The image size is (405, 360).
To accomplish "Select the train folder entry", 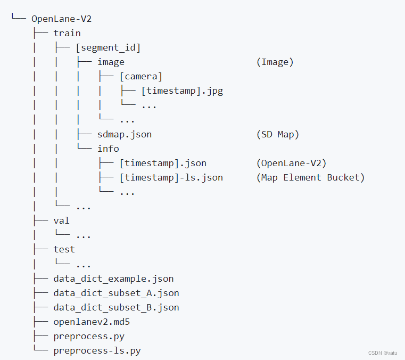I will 67,33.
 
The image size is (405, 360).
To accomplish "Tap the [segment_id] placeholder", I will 108,47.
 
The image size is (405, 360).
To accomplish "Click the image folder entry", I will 111,62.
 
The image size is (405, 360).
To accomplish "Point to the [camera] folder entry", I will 141,76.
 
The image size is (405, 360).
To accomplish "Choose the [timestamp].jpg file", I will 182,91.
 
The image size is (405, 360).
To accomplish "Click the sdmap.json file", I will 125,134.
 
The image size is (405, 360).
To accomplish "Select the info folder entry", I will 108,149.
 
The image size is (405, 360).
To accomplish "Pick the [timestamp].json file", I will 163,163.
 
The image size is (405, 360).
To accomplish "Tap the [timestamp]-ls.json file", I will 171,177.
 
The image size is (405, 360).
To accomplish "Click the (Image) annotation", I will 275,62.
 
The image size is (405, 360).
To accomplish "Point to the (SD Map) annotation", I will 277,134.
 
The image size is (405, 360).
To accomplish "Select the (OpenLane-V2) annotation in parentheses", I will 291,163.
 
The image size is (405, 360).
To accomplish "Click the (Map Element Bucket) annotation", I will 310,177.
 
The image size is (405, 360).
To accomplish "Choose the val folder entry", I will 62,220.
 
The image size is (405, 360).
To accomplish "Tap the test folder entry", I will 64,249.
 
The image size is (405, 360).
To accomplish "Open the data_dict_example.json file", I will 113,279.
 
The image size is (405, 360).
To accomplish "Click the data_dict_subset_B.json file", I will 116,307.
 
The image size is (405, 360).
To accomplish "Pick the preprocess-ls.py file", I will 97,350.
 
